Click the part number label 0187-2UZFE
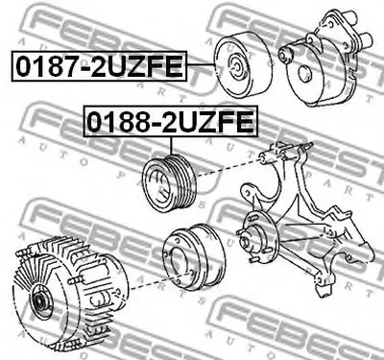tap(99, 66)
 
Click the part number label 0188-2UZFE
tap(171, 121)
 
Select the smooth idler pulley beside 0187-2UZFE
tap(243, 64)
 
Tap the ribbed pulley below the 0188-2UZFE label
tap(171, 182)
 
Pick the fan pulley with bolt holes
tap(194, 257)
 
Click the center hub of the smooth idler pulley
tap(237, 67)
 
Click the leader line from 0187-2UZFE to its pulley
tap(201, 64)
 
